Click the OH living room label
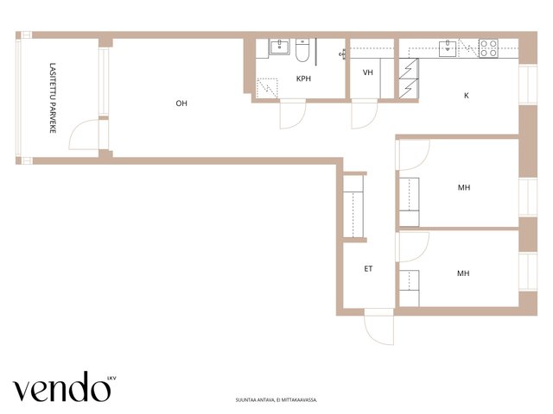[x=181, y=103]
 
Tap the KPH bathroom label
[x=303, y=78]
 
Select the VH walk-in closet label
[x=368, y=72]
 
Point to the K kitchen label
[x=467, y=96]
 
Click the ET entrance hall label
[x=368, y=269]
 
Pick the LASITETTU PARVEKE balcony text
[x=53, y=97]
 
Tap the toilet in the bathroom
[x=302, y=50]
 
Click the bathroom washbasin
[x=280, y=47]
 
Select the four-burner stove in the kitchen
[x=488, y=48]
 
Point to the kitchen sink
[x=448, y=48]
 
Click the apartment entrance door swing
[x=379, y=327]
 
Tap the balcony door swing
[x=85, y=135]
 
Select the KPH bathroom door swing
[x=293, y=114]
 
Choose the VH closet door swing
[x=365, y=114]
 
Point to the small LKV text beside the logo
[x=111, y=379]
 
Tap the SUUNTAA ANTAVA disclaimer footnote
[x=276, y=400]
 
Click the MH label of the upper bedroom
[x=464, y=188]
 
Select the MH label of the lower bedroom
[x=463, y=273]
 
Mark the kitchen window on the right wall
[x=528, y=85]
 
